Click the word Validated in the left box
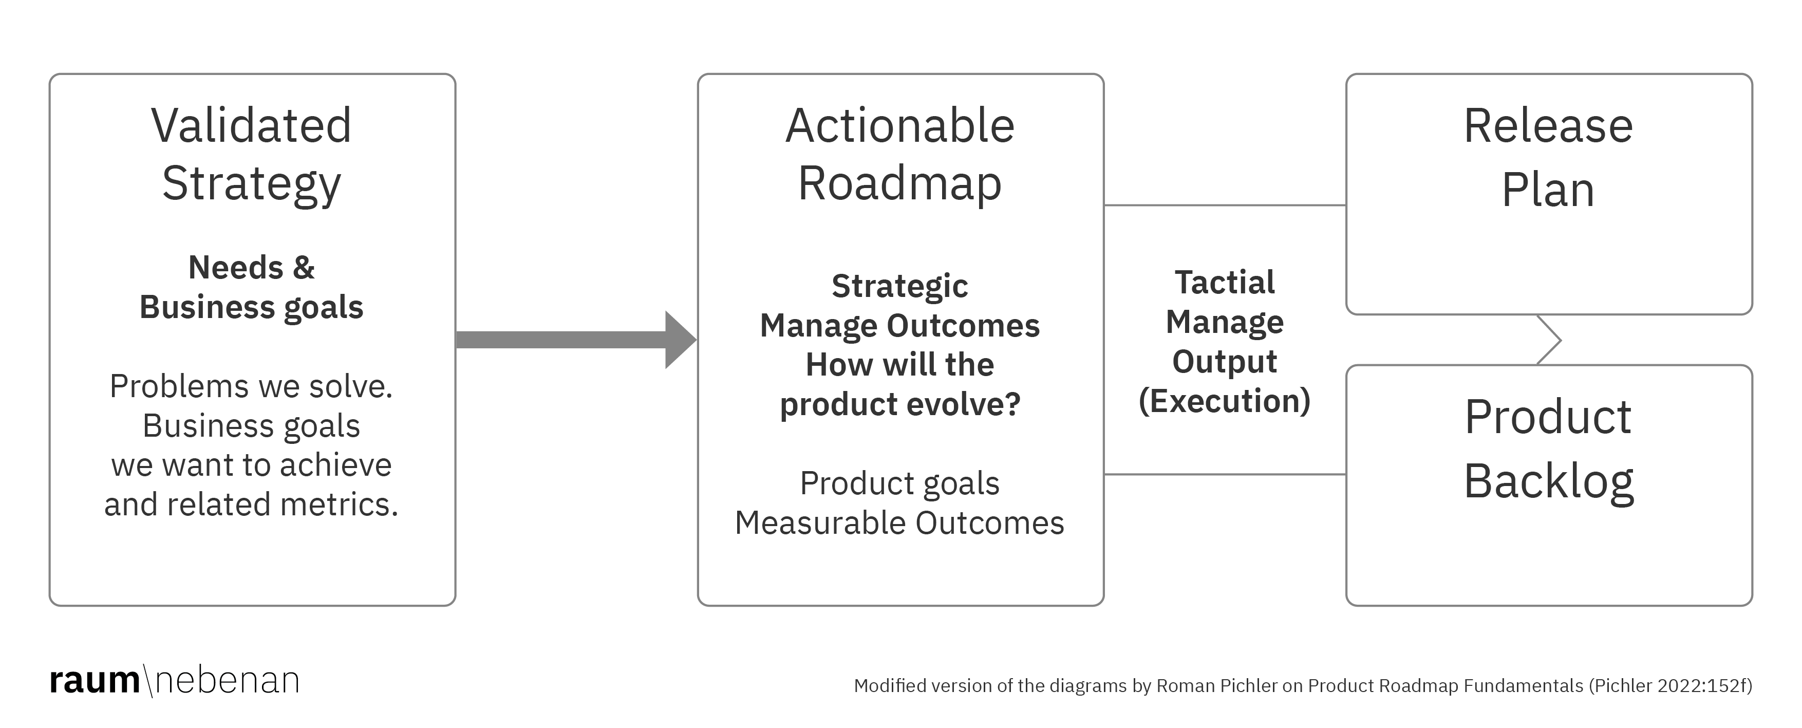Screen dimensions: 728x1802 (251, 126)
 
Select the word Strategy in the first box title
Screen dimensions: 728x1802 (251, 184)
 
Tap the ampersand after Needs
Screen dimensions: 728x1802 (304, 268)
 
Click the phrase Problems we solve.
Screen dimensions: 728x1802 (251, 386)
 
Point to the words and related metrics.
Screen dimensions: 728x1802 (251, 504)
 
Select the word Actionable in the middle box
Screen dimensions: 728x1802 (899, 126)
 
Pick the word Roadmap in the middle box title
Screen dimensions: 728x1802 (899, 184)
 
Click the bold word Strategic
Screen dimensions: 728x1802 (899, 286)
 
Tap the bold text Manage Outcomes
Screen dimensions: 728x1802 (899, 326)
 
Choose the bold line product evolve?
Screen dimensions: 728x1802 (899, 404)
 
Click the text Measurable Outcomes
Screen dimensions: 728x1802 (899, 523)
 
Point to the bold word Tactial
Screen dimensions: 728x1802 (1224, 283)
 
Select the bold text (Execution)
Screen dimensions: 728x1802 (1224, 401)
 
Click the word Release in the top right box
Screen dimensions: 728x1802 (1548, 126)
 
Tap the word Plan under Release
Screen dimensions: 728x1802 (1548, 190)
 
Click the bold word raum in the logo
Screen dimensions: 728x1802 (95, 680)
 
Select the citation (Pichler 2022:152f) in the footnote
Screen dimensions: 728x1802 (1670, 685)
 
